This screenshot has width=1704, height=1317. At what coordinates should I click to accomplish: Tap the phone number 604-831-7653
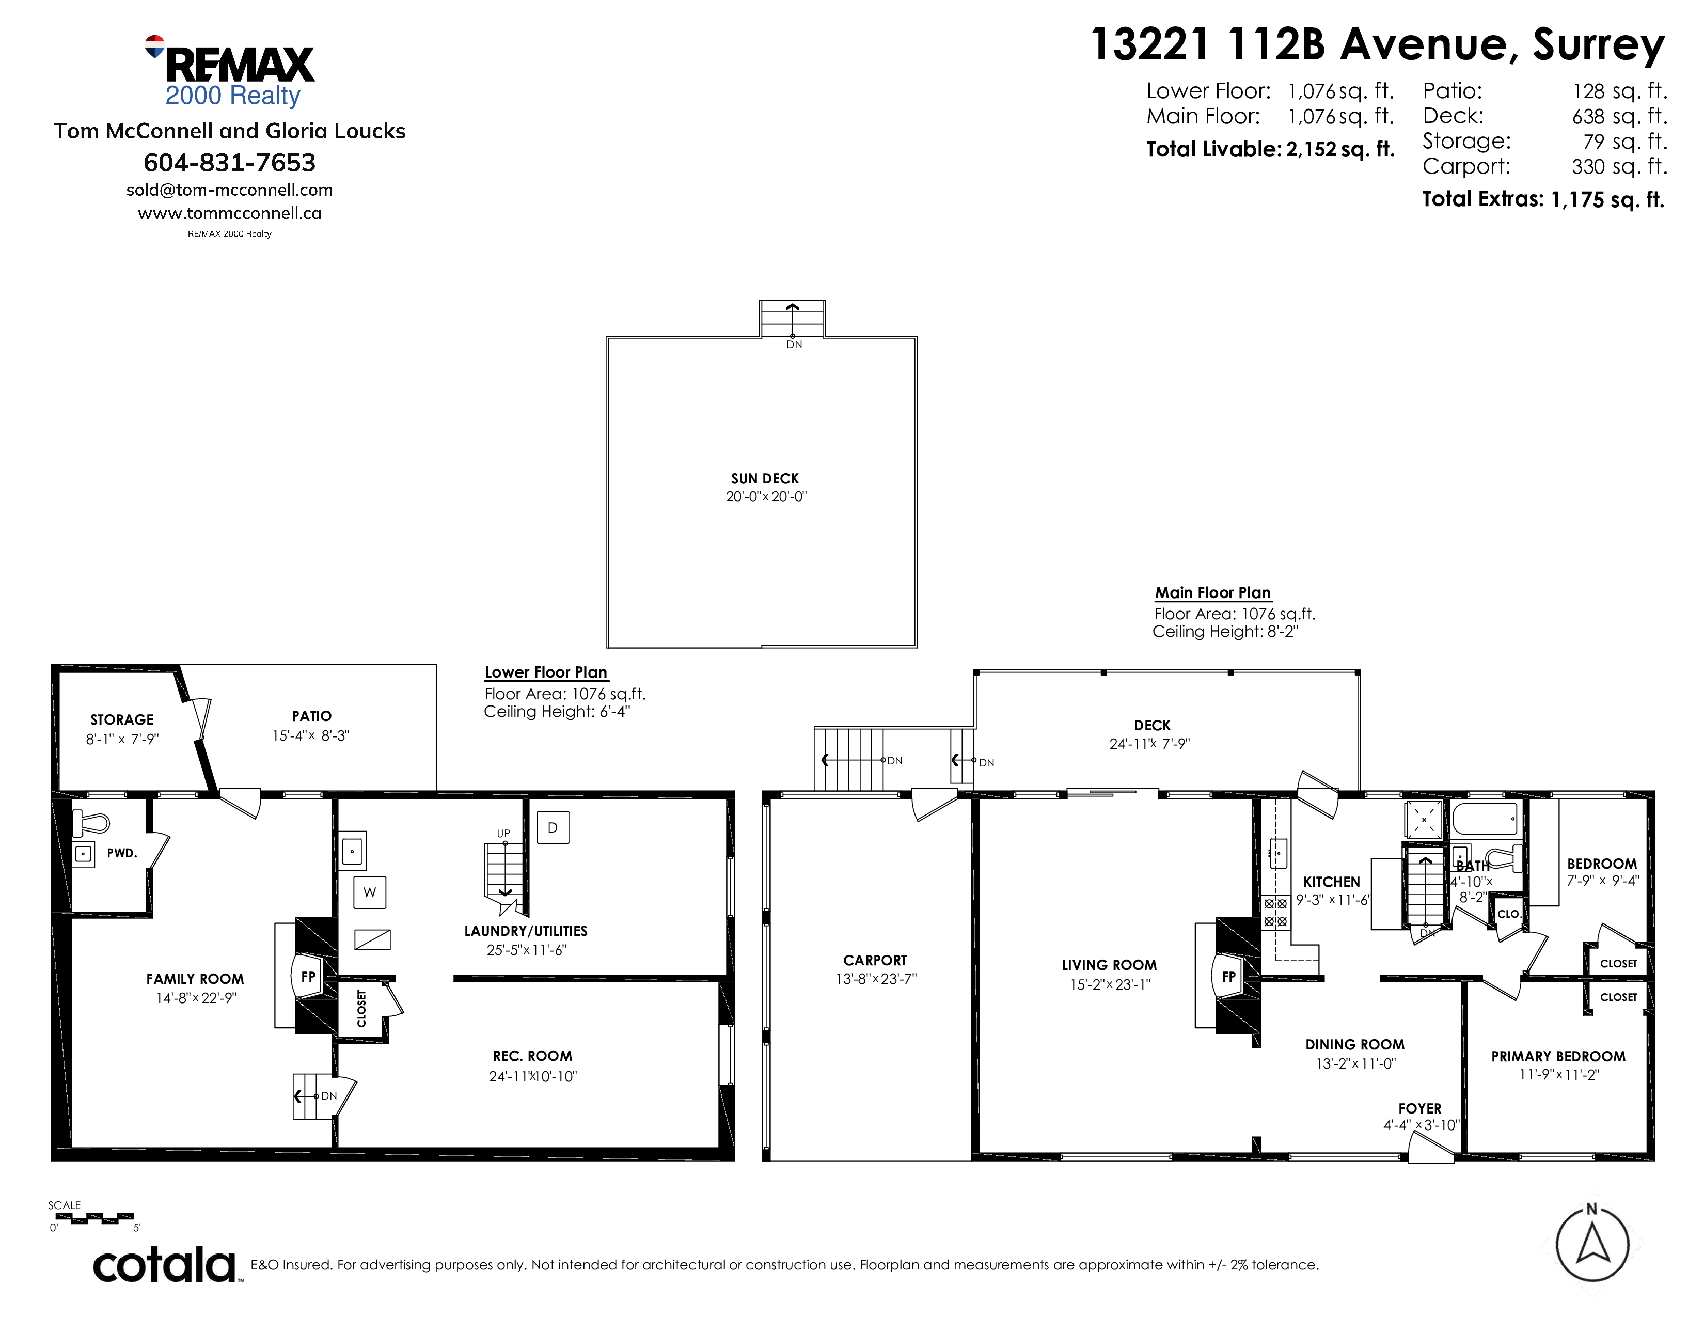[229, 163]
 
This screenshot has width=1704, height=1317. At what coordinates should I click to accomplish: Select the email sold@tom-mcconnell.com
[229, 190]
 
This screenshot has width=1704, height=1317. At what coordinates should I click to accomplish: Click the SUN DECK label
[765, 478]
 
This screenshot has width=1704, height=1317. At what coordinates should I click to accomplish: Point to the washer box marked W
[370, 892]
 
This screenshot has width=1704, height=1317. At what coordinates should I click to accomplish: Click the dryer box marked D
[553, 827]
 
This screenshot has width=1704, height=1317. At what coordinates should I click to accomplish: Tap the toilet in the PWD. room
[90, 822]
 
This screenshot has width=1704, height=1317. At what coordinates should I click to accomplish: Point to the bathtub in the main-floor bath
[1485, 819]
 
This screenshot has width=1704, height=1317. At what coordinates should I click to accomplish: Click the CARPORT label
[875, 961]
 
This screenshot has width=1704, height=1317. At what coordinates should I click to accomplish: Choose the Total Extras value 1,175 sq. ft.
[1608, 200]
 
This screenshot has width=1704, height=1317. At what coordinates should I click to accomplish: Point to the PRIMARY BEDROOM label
[1558, 1056]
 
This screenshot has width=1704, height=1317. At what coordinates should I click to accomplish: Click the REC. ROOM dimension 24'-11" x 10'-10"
[533, 1077]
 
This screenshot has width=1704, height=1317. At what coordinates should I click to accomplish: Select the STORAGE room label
[122, 719]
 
